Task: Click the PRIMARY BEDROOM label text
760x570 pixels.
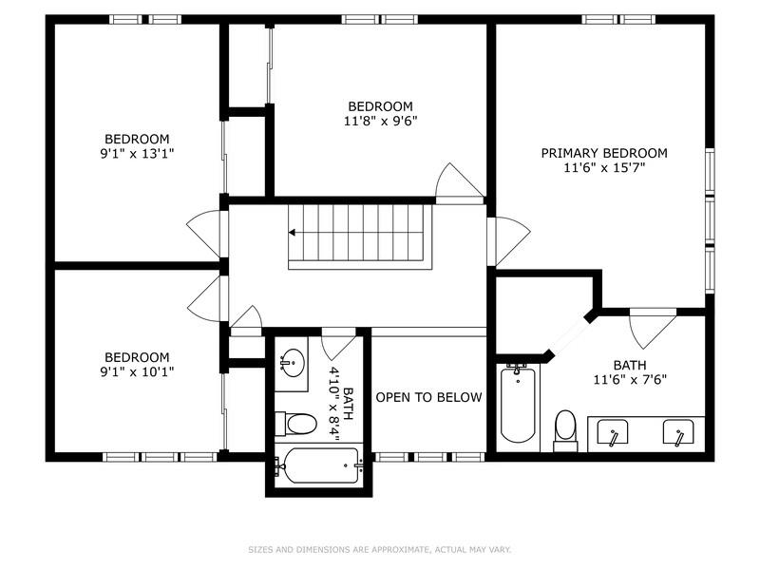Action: (603, 153)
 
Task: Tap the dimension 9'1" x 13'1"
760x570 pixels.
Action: (137, 153)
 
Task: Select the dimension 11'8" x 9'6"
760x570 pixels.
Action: (380, 121)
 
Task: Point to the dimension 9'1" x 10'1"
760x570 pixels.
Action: (137, 371)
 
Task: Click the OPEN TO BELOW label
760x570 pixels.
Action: (428, 397)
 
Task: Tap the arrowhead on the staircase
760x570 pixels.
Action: (294, 232)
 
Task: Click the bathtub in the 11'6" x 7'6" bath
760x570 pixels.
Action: (518, 406)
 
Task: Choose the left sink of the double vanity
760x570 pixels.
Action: (613, 434)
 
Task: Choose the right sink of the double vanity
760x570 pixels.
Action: (677, 434)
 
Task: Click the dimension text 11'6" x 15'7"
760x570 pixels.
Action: (603, 168)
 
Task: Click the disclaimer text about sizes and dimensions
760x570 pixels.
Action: (379, 549)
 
